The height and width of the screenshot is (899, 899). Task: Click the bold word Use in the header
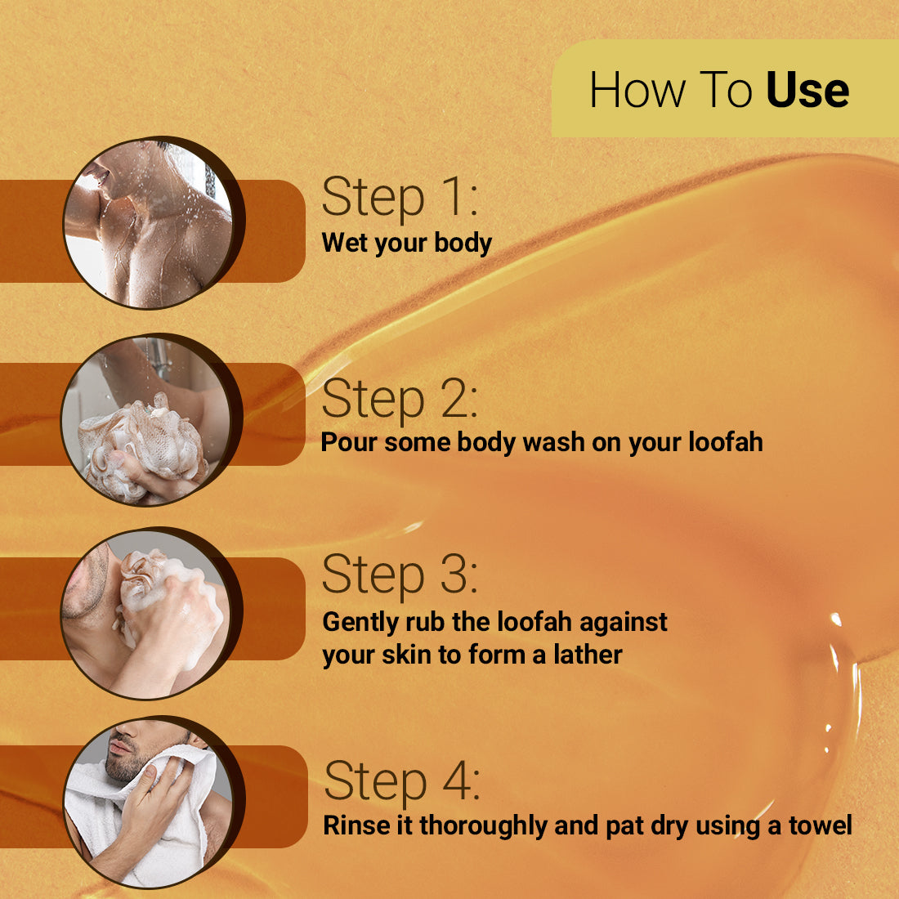pyautogui.click(x=807, y=89)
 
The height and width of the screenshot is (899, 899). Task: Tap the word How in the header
pyautogui.click(x=638, y=89)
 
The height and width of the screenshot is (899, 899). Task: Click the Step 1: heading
pyautogui.click(x=400, y=197)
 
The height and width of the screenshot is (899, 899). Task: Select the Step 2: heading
pyautogui.click(x=400, y=399)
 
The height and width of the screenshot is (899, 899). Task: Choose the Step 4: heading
pyautogui.click(x=402, y=780)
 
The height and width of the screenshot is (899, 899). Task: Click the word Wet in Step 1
pyautogui.click(x=345, y=243)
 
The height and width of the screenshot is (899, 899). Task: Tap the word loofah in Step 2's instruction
pyautogui.click(x=725, y=442)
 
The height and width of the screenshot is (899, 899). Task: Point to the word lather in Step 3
pyautogui.click(x=588, y=655)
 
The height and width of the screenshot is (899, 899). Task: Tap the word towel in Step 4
pyautogui.click(x=820, y=825)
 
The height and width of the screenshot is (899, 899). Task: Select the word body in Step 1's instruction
pyautogui.click(x=463, y=243)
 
